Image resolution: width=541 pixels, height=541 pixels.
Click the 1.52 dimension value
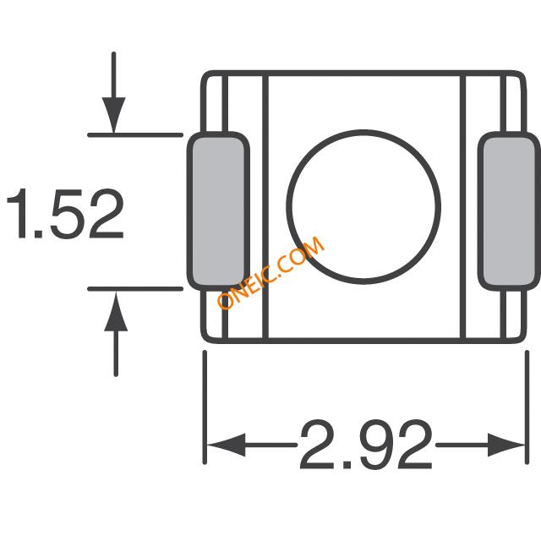coord(65,214)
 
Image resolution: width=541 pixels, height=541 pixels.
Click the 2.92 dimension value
coord(366,445)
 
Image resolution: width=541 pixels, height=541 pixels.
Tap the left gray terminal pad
coord(218,210)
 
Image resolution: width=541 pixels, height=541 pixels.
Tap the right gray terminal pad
coord(509,210)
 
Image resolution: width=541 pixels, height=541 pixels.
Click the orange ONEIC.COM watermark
coord(270,272)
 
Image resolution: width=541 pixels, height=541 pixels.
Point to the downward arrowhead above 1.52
coord(113,115)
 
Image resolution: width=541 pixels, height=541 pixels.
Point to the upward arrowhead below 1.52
coord(116,310)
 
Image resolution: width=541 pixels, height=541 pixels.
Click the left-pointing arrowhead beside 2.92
coord(226,445)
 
